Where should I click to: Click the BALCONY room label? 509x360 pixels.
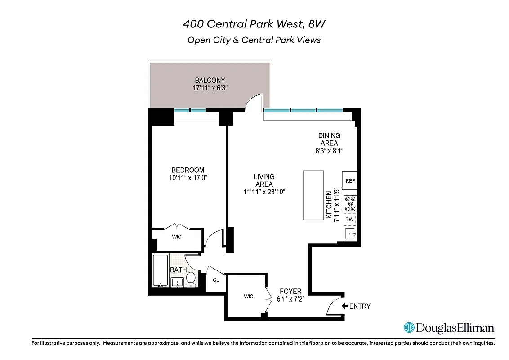click(x=210, y=80)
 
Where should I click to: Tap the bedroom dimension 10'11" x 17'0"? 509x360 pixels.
click(x=188, y=178)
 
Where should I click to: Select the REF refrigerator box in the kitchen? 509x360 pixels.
click(x=350, y=181)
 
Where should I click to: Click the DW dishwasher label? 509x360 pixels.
click(x=349, y=220)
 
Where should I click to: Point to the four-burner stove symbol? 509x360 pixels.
click(x=350, y=204)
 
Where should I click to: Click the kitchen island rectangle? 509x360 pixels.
click(x=313, y=194)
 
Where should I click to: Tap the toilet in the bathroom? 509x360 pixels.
click(x=191, y=279)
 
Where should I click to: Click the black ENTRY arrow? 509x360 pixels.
click(x=345, y=306)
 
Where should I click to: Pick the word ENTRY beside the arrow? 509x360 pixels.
click(x=360, y=306)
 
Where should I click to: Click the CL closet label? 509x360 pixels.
click(x=216, y=280)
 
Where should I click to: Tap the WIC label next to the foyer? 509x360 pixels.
click(x=249, y=296)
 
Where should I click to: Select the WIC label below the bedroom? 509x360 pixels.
click(x=177, y=237)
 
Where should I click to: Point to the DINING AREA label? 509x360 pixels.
click(x=329, y=139)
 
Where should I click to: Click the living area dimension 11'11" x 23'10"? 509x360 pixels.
click(x=264, y=192)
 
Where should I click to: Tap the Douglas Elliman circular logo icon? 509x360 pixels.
click(x=409, y=328)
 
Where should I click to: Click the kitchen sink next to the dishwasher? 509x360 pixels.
click(x=350, y=234)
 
